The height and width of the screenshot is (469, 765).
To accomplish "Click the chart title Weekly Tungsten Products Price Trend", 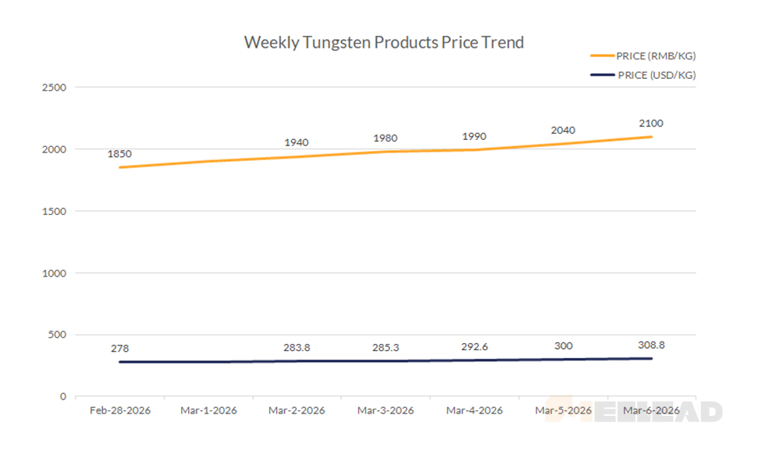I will (x=383, y=42).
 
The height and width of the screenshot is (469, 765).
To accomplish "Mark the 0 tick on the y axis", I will (x=63, y=396).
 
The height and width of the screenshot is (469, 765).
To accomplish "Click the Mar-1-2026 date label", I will (x=208, y=410).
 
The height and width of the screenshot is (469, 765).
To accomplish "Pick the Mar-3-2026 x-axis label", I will (x=385, y=410).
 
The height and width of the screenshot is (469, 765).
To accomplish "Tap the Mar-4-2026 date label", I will (x=474, y=410).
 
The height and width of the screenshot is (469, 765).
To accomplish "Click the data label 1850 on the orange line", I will (x=119, y=154).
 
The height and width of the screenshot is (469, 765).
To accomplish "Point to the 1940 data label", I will (x=296, y=142).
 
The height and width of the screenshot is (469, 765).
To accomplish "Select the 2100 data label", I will (x=651, y=124).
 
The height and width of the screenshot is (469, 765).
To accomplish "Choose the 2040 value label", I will (x=563, y=131).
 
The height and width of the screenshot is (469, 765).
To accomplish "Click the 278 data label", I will (x=119, y=348).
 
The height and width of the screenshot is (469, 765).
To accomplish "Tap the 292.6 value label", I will (x=474, y=346).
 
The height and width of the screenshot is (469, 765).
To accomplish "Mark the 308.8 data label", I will (x=651, y=344).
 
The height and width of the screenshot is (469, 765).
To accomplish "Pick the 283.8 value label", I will (x=296, y=347).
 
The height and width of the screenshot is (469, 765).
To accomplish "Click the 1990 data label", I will (x=474, y=136).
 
